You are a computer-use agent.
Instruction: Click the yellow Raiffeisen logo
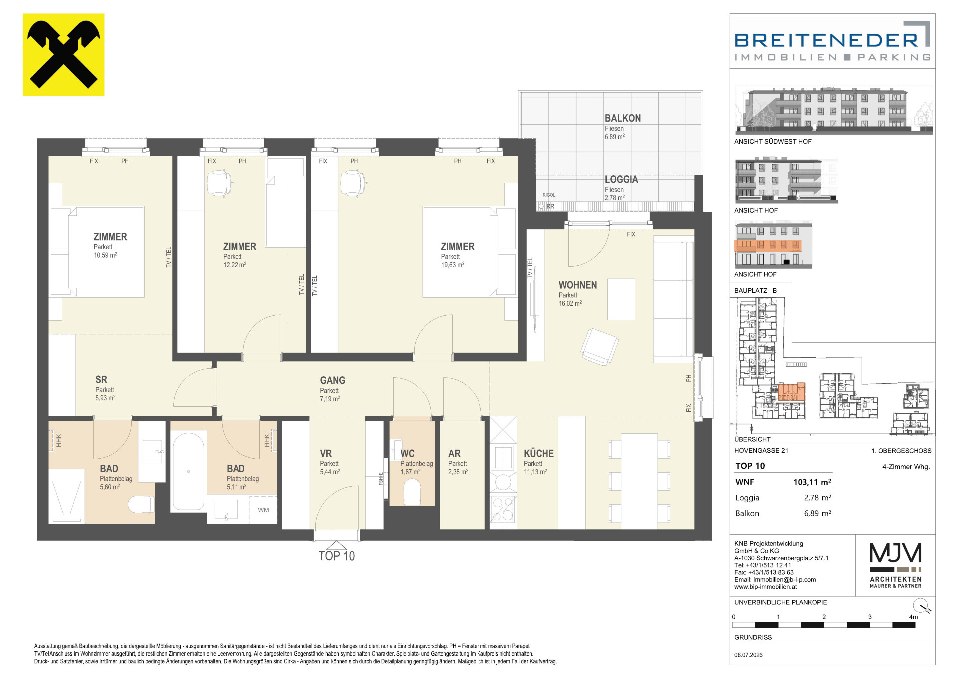tap(64, 55)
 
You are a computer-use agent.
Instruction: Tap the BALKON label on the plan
tap(623, 118)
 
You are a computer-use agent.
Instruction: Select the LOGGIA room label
tap(621, 179)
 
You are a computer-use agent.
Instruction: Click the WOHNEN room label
tap(578, 285)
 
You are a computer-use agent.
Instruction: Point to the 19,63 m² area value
tap(453, 265)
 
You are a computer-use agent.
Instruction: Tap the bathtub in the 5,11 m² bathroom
tap(188, 471)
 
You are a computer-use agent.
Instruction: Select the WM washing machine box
tap(263, 510)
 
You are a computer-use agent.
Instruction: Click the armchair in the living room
tap(600, 346)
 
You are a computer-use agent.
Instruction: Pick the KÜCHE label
tap(539, 454)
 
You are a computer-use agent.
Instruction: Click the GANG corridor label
tap(333, 380)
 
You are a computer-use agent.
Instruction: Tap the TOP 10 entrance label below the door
tap(337, 556)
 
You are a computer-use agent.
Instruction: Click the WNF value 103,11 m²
tap(812, 482)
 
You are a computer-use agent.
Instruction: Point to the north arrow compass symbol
tap(922, 606)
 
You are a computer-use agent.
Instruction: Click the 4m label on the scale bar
tap(913, 617)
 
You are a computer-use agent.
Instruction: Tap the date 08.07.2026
tap(748, 655)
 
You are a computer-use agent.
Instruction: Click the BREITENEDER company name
tap(826, 40)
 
